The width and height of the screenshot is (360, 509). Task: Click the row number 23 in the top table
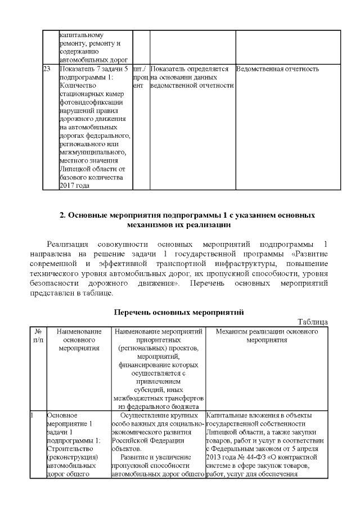coord(47,69)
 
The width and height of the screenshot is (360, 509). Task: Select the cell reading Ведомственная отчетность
coord(278,69)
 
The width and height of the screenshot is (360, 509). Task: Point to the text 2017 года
coord(74,186)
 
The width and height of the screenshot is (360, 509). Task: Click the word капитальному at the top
coord(82,34)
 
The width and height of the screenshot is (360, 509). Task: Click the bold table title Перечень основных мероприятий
coord(179,312)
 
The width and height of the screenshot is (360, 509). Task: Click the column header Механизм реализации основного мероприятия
coord(267,336)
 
